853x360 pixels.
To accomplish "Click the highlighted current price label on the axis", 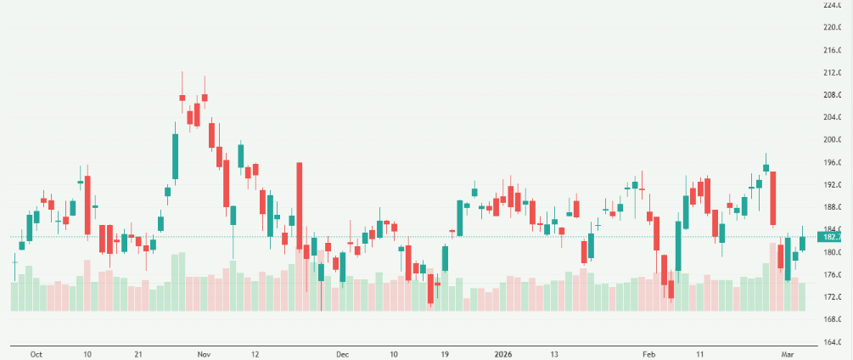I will coord(838,237).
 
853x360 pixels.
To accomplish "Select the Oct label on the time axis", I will coord(36,352).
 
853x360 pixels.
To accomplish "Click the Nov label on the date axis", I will coord(203,352).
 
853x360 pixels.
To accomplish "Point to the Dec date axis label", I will coord(342,352).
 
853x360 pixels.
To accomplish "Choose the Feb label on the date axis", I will coord(648,352).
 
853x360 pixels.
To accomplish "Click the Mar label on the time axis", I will coord(788,352).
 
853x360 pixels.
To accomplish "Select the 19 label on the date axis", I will coord(445,352).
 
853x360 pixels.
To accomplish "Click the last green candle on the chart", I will coord(802,243).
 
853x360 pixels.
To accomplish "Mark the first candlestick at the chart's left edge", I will coord(14,262).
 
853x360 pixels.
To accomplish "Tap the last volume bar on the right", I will coord(802,296).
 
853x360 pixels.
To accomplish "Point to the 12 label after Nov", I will coord(255,352).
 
